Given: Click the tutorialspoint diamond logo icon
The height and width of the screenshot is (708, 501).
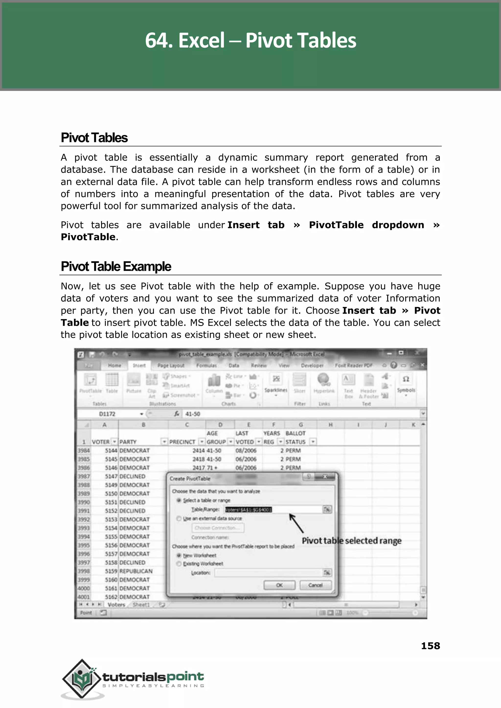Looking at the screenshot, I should point(81,678).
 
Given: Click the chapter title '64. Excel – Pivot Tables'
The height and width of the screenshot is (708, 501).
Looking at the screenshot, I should point(250,40).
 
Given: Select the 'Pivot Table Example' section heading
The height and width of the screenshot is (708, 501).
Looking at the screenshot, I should point(116,267).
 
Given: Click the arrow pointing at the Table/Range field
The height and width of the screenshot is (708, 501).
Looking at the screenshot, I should point(296,523).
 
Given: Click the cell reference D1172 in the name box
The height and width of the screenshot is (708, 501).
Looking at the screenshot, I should point(107,414).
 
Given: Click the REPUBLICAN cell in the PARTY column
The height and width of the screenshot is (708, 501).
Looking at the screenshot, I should point(136,571).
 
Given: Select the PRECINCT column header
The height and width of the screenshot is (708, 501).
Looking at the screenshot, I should point(182,442).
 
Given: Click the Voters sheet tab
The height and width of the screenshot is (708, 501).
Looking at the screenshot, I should point(116,605).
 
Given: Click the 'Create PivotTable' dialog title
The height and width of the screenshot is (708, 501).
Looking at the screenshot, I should point(190,479).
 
